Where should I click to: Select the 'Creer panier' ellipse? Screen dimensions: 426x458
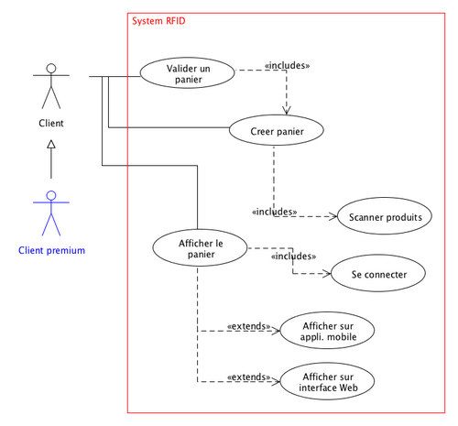pyautogui.click(x=278, y=132)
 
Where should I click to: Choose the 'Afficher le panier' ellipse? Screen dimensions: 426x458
pyautogui.click(x=200, y=248)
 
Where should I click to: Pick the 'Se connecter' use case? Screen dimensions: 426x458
pyautogui.click(x=377, y=274)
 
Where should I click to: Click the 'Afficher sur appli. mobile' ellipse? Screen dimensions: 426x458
pyautogui.click(x=327, y=330)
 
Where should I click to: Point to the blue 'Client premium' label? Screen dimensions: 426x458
pyautogui.click(x=51, y=250)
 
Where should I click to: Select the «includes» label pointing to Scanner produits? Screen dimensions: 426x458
pyautogui.click(x=273, y=212)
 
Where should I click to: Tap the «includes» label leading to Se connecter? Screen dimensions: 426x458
pyautogui.click(x=293, y=257)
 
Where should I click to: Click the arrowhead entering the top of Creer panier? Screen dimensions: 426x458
pyautogui.click(x=288, y=110)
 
